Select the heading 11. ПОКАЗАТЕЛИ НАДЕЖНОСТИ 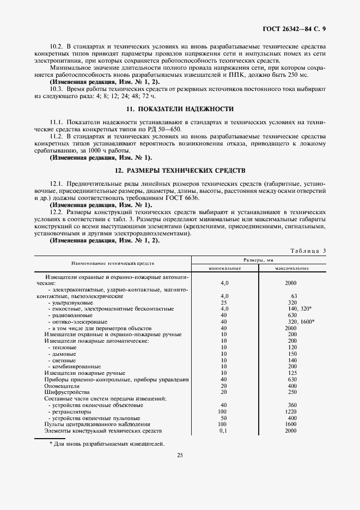pyautogui.click(x=180, y=109)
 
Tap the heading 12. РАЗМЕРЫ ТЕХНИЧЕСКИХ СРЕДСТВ pyautogui.click(x=180, y=171)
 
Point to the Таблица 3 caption pyautogui.click(x=308, y=251)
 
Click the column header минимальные pyautogui.click(x=224, y=268)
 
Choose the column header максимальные pyautogui.click(x=291, y=268)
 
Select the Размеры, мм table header pyautogui.click(x=258, y=260)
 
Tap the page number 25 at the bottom pyautogui.click(x=180, y=471)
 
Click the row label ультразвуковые pyautogui.click(x=70, y=302)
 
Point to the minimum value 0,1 pyautogui.click(x=223, y=430)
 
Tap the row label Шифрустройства pyautogui.click(x=63, y=392)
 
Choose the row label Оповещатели pyautogui.click(x=60, y=386)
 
